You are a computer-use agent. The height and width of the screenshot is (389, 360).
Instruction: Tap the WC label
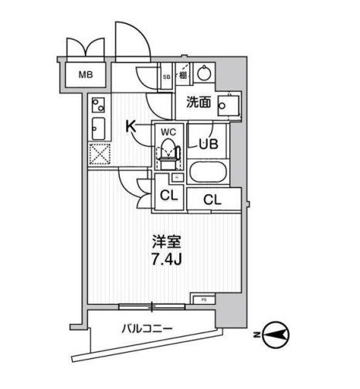pos(168,131)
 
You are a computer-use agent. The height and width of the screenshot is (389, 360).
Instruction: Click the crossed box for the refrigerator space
pos(100,154)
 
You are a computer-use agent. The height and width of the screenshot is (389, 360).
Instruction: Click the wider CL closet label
pos(215,200)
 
